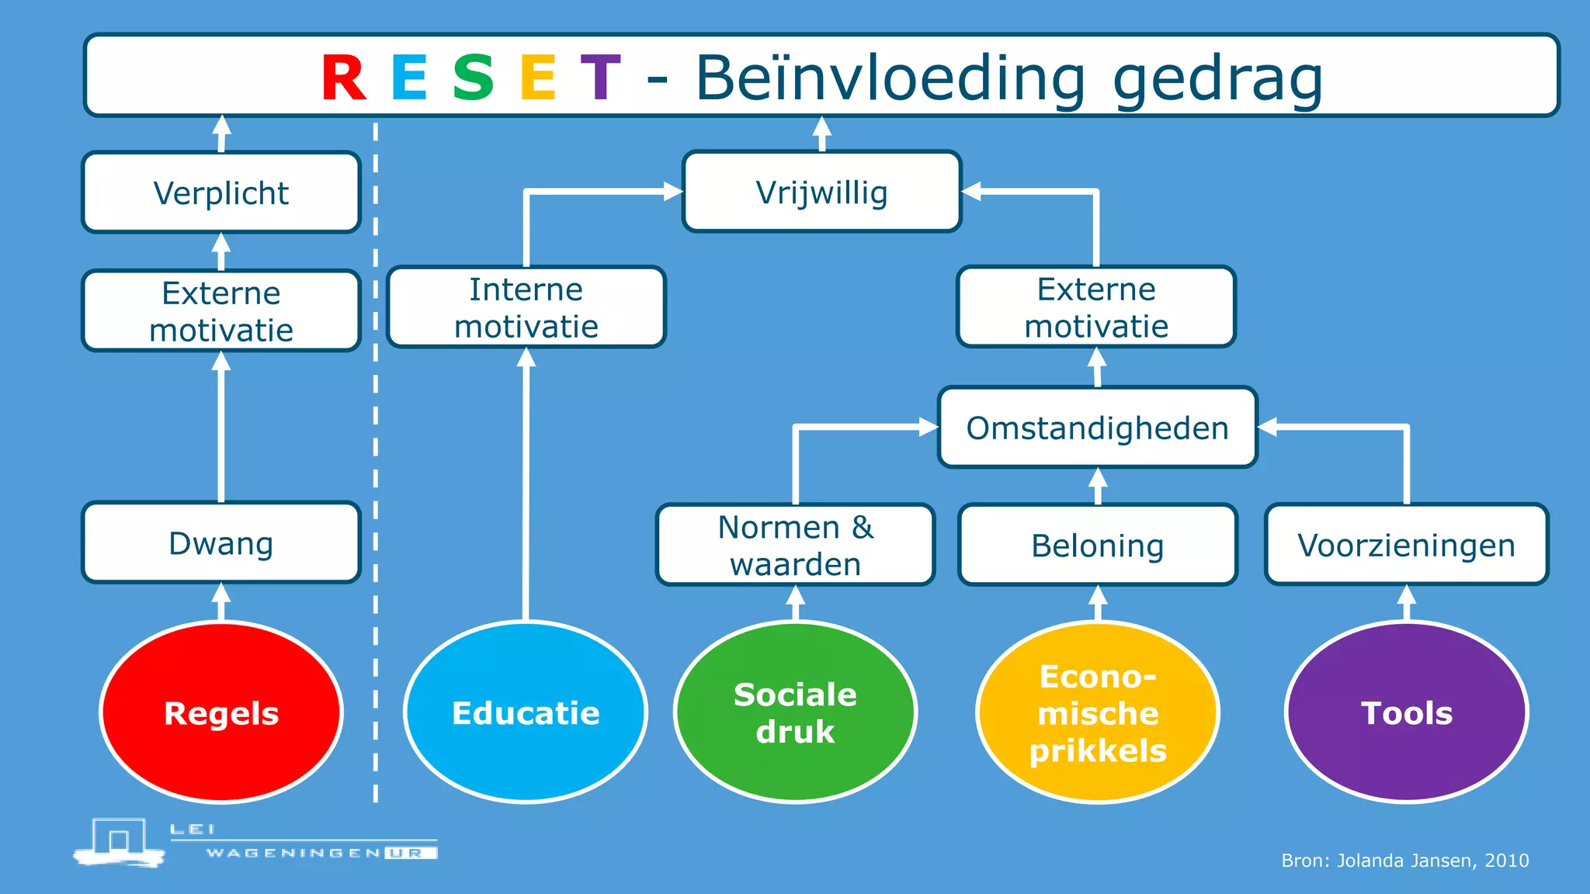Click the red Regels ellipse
coord(221,712)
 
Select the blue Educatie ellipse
coord(526,712)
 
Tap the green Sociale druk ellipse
coord(795,712)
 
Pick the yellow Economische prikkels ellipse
coord(1098,712)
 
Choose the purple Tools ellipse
coord(1406,712)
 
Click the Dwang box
coord(221,542)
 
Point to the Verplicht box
coord(221,192)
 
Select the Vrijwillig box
coord(822,192)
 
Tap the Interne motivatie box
coord(526,307)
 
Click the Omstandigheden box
coord(1097,428)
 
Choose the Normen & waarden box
coord(796,545)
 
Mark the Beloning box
coord(1098,545)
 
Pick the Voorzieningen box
coord(1406,545)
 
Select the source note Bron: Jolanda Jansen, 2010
coord(1404,860)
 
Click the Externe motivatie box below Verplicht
coord(221,311)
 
